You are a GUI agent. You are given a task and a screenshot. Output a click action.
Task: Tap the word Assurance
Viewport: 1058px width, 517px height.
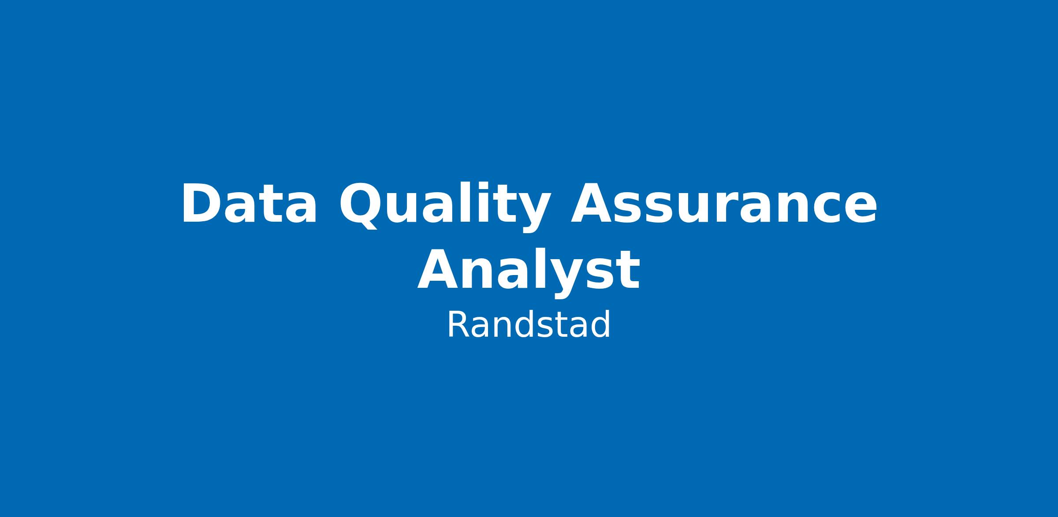(723, 203)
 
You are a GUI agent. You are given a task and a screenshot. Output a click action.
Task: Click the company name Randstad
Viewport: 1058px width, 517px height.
(529, 324)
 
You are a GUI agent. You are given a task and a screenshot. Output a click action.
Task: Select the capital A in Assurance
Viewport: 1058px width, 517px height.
(592, 203)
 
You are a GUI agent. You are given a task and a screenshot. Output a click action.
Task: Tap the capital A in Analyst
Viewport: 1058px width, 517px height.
(439, 269)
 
